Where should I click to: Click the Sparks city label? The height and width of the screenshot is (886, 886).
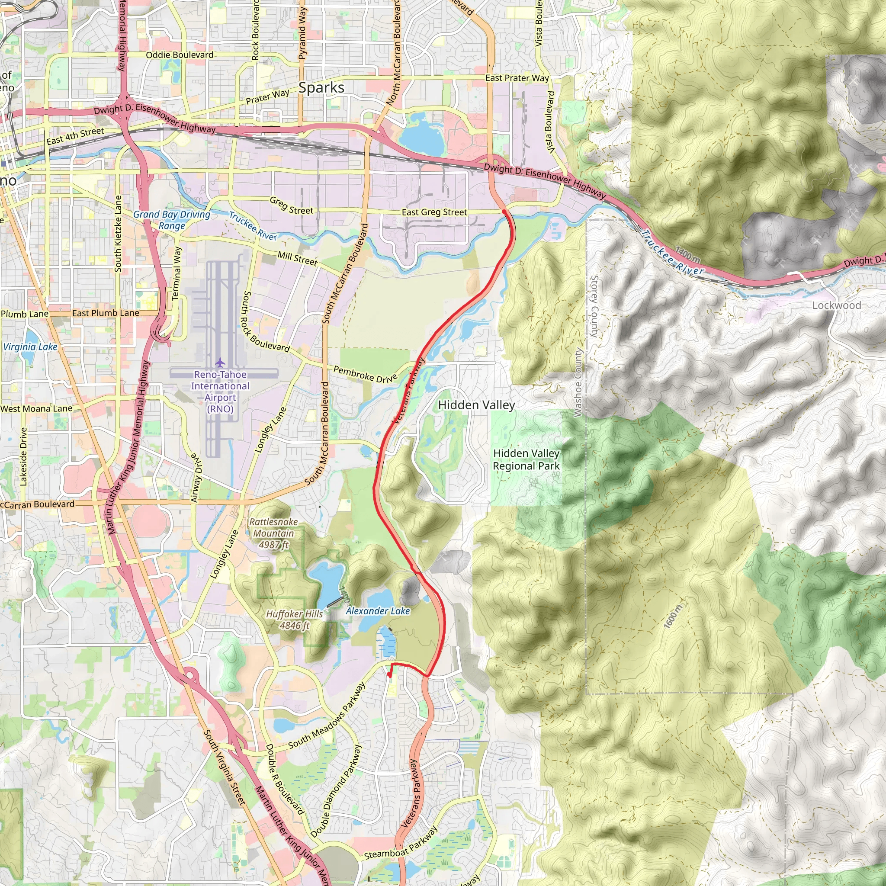321,87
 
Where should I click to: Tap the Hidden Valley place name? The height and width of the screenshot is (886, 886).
476,405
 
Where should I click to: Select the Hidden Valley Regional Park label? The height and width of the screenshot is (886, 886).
526,459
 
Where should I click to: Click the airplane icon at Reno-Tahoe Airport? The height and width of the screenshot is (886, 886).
220,363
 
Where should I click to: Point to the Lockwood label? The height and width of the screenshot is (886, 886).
837,305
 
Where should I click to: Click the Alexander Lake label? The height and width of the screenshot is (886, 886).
377,611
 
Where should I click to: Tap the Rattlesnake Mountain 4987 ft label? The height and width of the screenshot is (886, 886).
273,533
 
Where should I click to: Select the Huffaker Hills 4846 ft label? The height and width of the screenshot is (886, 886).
295,620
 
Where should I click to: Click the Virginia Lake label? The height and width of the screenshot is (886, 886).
30,347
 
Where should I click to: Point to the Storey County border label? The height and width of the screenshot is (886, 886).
594,306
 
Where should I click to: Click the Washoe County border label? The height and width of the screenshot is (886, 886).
578,383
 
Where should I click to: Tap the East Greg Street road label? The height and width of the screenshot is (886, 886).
434,212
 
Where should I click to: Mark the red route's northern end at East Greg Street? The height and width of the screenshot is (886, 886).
504,212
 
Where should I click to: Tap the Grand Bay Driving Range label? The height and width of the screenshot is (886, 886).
171,220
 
